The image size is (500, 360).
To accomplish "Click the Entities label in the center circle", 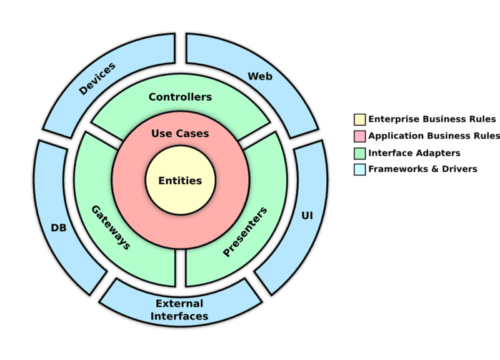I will coord(180,181).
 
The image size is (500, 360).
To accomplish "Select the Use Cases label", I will coord(180,134).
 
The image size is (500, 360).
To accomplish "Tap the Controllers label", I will coord(180,97).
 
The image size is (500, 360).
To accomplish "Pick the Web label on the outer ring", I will coord(261,76).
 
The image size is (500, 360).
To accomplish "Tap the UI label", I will coord(307,216).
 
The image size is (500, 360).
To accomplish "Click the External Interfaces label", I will coord(181,310).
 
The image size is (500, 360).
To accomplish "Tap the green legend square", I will coord(359,152).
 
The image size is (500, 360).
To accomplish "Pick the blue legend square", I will coord(359,169).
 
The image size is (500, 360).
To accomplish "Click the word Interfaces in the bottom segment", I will coord(181,316).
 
